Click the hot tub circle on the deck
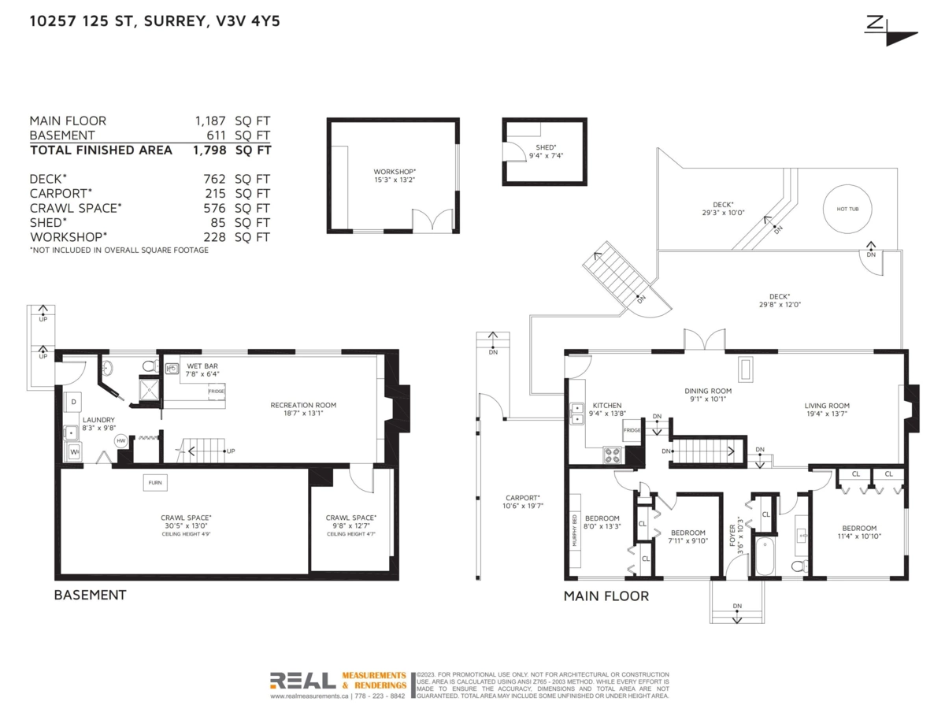coord(847,209)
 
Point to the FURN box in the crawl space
coord(154,483)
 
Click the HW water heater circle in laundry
coord(120,441)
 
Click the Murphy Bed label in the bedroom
coord(575,530)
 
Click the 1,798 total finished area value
coord(209,150)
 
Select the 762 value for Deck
coord(214,179)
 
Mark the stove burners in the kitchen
coord(612,454)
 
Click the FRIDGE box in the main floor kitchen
coord(632,431)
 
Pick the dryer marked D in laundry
coord(74,403)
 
